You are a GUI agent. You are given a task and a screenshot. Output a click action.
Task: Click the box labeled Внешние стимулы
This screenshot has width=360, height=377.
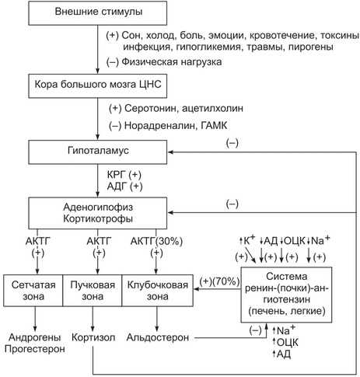98,13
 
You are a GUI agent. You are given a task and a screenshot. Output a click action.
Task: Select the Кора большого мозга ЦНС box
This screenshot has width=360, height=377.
98,86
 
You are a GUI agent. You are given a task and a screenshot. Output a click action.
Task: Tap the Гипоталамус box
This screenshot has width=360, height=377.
98,152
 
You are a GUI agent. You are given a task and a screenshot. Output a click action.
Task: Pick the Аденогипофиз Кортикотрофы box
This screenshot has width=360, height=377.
98,213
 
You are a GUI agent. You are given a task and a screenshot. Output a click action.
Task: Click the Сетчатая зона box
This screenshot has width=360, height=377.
33,291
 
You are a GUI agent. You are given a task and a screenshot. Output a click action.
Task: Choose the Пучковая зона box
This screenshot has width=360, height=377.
93,291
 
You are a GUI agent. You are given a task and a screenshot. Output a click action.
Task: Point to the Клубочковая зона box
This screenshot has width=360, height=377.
157,291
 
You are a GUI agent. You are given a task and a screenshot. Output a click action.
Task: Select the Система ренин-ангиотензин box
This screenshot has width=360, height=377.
286,295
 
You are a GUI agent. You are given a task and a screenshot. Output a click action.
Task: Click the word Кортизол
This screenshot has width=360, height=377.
93,337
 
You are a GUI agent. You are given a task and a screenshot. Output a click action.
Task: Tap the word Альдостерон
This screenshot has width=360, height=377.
158,337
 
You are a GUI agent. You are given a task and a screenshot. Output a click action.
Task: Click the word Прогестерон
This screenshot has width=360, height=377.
35,349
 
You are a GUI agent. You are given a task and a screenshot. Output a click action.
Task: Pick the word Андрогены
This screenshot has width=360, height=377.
35,337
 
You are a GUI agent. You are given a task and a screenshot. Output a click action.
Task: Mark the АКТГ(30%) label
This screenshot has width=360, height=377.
156,241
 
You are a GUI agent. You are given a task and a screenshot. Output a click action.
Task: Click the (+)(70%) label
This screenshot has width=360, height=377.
220,281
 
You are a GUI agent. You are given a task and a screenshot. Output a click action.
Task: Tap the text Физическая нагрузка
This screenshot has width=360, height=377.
172,62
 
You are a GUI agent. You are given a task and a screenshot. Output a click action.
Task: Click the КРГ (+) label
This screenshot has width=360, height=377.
124,175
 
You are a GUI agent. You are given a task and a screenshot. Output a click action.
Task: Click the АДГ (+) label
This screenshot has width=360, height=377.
124,187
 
